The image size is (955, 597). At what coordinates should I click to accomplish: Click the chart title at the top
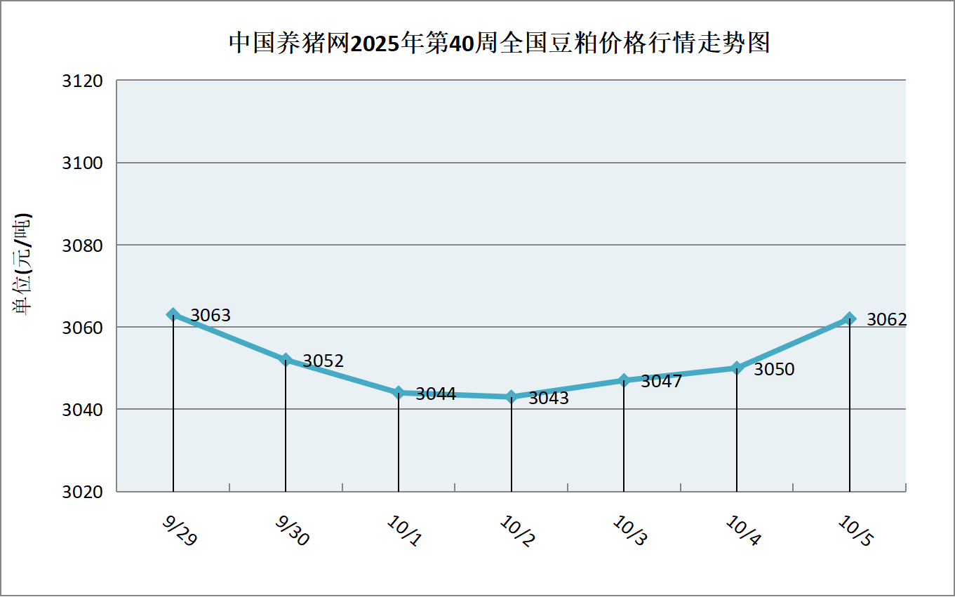point(499,43)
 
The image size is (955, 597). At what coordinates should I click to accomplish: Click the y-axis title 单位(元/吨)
point(22,263)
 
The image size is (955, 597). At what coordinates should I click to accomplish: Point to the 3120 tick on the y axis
point(83,81)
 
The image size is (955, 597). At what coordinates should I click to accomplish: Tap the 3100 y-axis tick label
point(83,163)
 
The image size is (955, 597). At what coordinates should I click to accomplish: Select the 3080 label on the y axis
point(83,246)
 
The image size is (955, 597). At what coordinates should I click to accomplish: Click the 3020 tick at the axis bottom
point(83,492)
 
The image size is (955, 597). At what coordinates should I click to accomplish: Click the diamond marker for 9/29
point(173,314)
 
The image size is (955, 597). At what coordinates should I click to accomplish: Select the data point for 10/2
point(512,396)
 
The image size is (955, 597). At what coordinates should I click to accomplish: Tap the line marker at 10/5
point(850,318)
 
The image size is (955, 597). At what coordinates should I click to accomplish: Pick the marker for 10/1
point(399,392)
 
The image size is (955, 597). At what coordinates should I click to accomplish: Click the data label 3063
point(211,316)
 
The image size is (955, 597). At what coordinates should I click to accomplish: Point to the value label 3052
point(323,361)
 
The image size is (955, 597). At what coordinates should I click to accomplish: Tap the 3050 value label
point(774,370)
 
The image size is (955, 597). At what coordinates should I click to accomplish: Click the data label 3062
point(887,320)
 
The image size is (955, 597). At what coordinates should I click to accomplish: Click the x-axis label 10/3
point(630,531)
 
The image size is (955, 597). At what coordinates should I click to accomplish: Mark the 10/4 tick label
point(743,531)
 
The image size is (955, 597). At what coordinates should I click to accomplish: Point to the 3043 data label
point(549,398)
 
